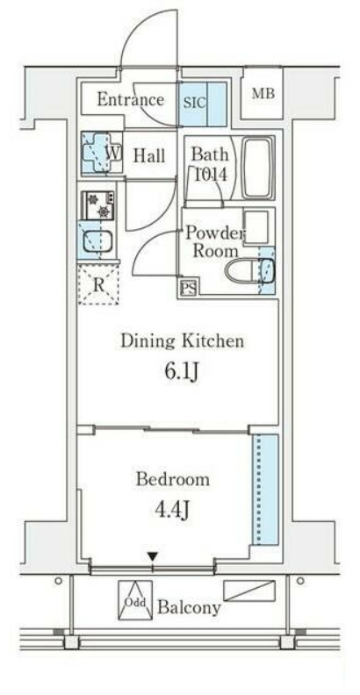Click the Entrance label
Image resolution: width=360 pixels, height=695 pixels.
tap(130, 99)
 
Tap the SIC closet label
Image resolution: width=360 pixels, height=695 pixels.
tap(195, 103)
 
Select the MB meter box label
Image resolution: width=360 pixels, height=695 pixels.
tap(263, 94)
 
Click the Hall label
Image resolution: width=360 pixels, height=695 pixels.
tap(149, 155)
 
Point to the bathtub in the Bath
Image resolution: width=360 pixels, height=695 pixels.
tap(258, 168)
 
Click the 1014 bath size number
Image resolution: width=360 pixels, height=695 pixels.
tap(211, 175)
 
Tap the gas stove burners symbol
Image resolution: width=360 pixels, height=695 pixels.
tap(98, 205)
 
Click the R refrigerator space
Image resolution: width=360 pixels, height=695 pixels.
tap(99, 284)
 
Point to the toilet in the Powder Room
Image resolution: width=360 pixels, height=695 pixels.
tap(249, 269)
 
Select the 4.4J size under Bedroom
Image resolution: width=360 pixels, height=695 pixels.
tap(172, 510)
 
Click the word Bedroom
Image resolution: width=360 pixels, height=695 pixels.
tap(172, 480)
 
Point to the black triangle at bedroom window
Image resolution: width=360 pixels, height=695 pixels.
tap(153, 556)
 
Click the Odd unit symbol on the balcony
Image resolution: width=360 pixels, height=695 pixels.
tap(135, 600)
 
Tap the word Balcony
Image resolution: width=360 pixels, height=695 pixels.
tap(189, 607)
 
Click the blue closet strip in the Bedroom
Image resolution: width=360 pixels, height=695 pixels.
tap(265, 490)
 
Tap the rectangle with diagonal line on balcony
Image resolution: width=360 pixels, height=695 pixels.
tap(249, 591)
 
